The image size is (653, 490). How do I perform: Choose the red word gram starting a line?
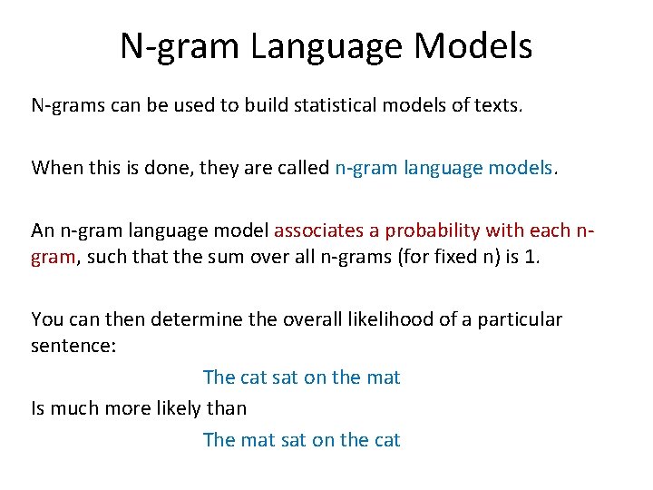[x=53, y=258]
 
